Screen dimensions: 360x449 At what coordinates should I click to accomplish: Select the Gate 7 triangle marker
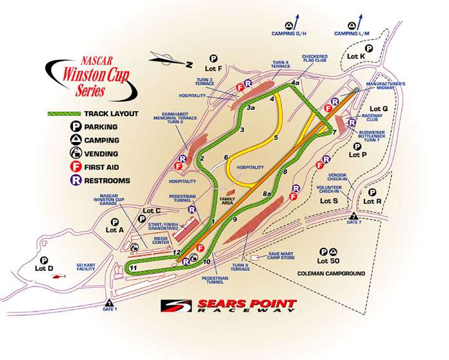tap(354, 215)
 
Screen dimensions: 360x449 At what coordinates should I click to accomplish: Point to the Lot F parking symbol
tap(212, 57)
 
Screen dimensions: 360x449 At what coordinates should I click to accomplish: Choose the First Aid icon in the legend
tap(75, 167)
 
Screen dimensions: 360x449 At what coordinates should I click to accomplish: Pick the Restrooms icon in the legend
tap(75, 181)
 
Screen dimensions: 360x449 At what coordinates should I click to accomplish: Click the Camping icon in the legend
tap(75, 140)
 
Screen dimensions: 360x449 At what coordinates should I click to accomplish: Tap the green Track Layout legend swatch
tap(64, 114)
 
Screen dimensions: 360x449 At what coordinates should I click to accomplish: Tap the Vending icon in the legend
tap(75, 154)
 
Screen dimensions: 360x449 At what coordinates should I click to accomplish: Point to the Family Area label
tap(226, 201)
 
